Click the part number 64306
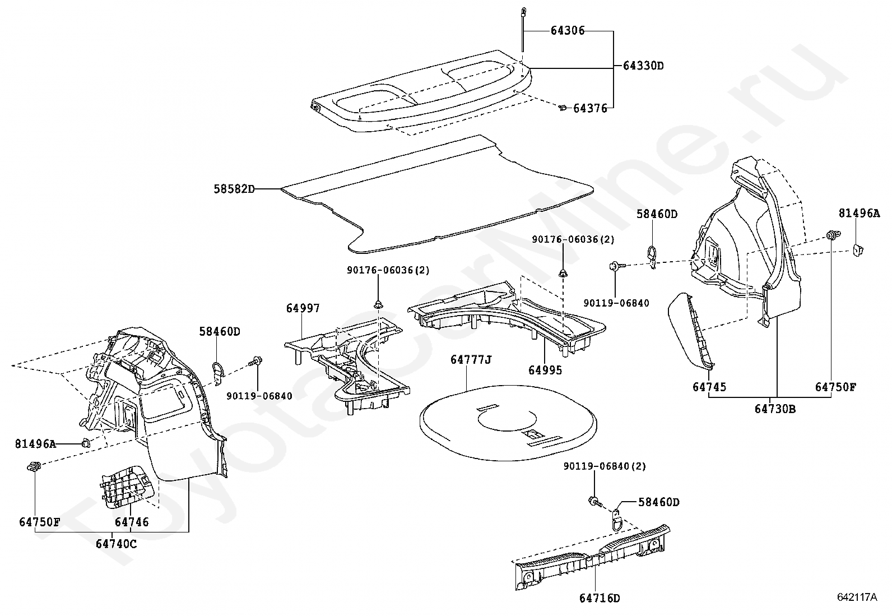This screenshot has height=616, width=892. [568, 31]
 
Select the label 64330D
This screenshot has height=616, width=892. [643, 66]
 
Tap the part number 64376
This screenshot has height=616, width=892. [590, 108]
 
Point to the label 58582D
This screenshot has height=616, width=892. [234, 189]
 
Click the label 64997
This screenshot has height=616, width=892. [303, 308]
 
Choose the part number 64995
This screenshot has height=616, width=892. [545, 370]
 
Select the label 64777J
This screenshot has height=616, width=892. [471, 360]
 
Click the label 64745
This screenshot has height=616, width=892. [709, 387]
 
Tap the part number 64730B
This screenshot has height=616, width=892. [775, 409]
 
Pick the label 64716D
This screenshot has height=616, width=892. [600, 598]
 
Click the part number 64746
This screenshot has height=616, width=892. [132, 522]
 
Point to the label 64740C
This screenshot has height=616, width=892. [117, 544]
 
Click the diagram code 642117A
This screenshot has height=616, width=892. [857, 597]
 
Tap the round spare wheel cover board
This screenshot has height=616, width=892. [508, 423]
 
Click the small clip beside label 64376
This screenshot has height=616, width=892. [563, 107]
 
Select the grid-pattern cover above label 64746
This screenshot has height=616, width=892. [127, 487]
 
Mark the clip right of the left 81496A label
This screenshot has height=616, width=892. [85, 442]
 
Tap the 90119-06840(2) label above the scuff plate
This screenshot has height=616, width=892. [605, 466]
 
